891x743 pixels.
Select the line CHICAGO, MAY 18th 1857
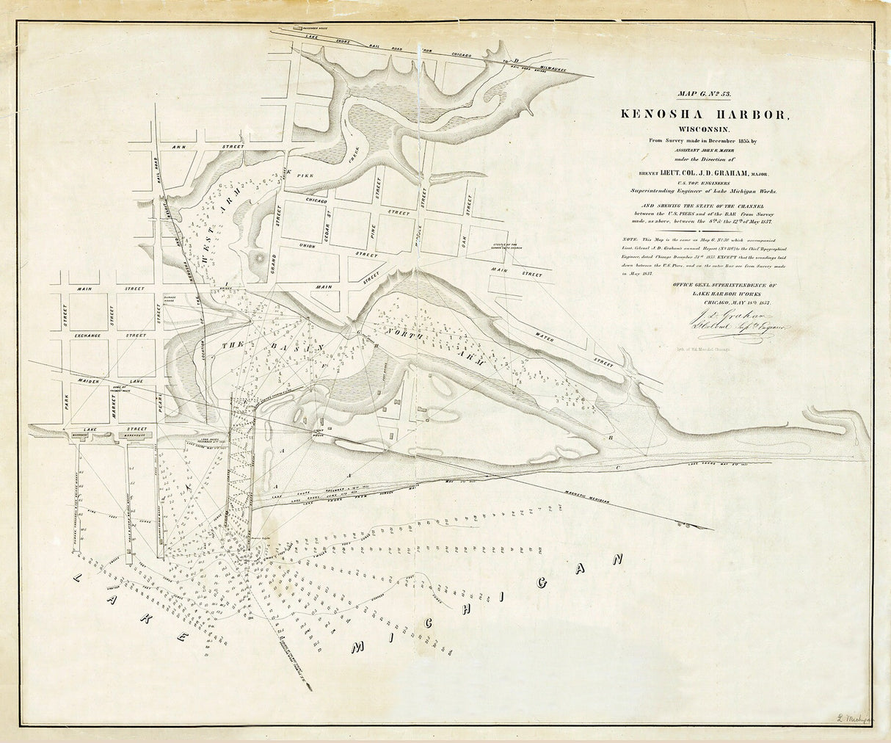click(x=715, y=301)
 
